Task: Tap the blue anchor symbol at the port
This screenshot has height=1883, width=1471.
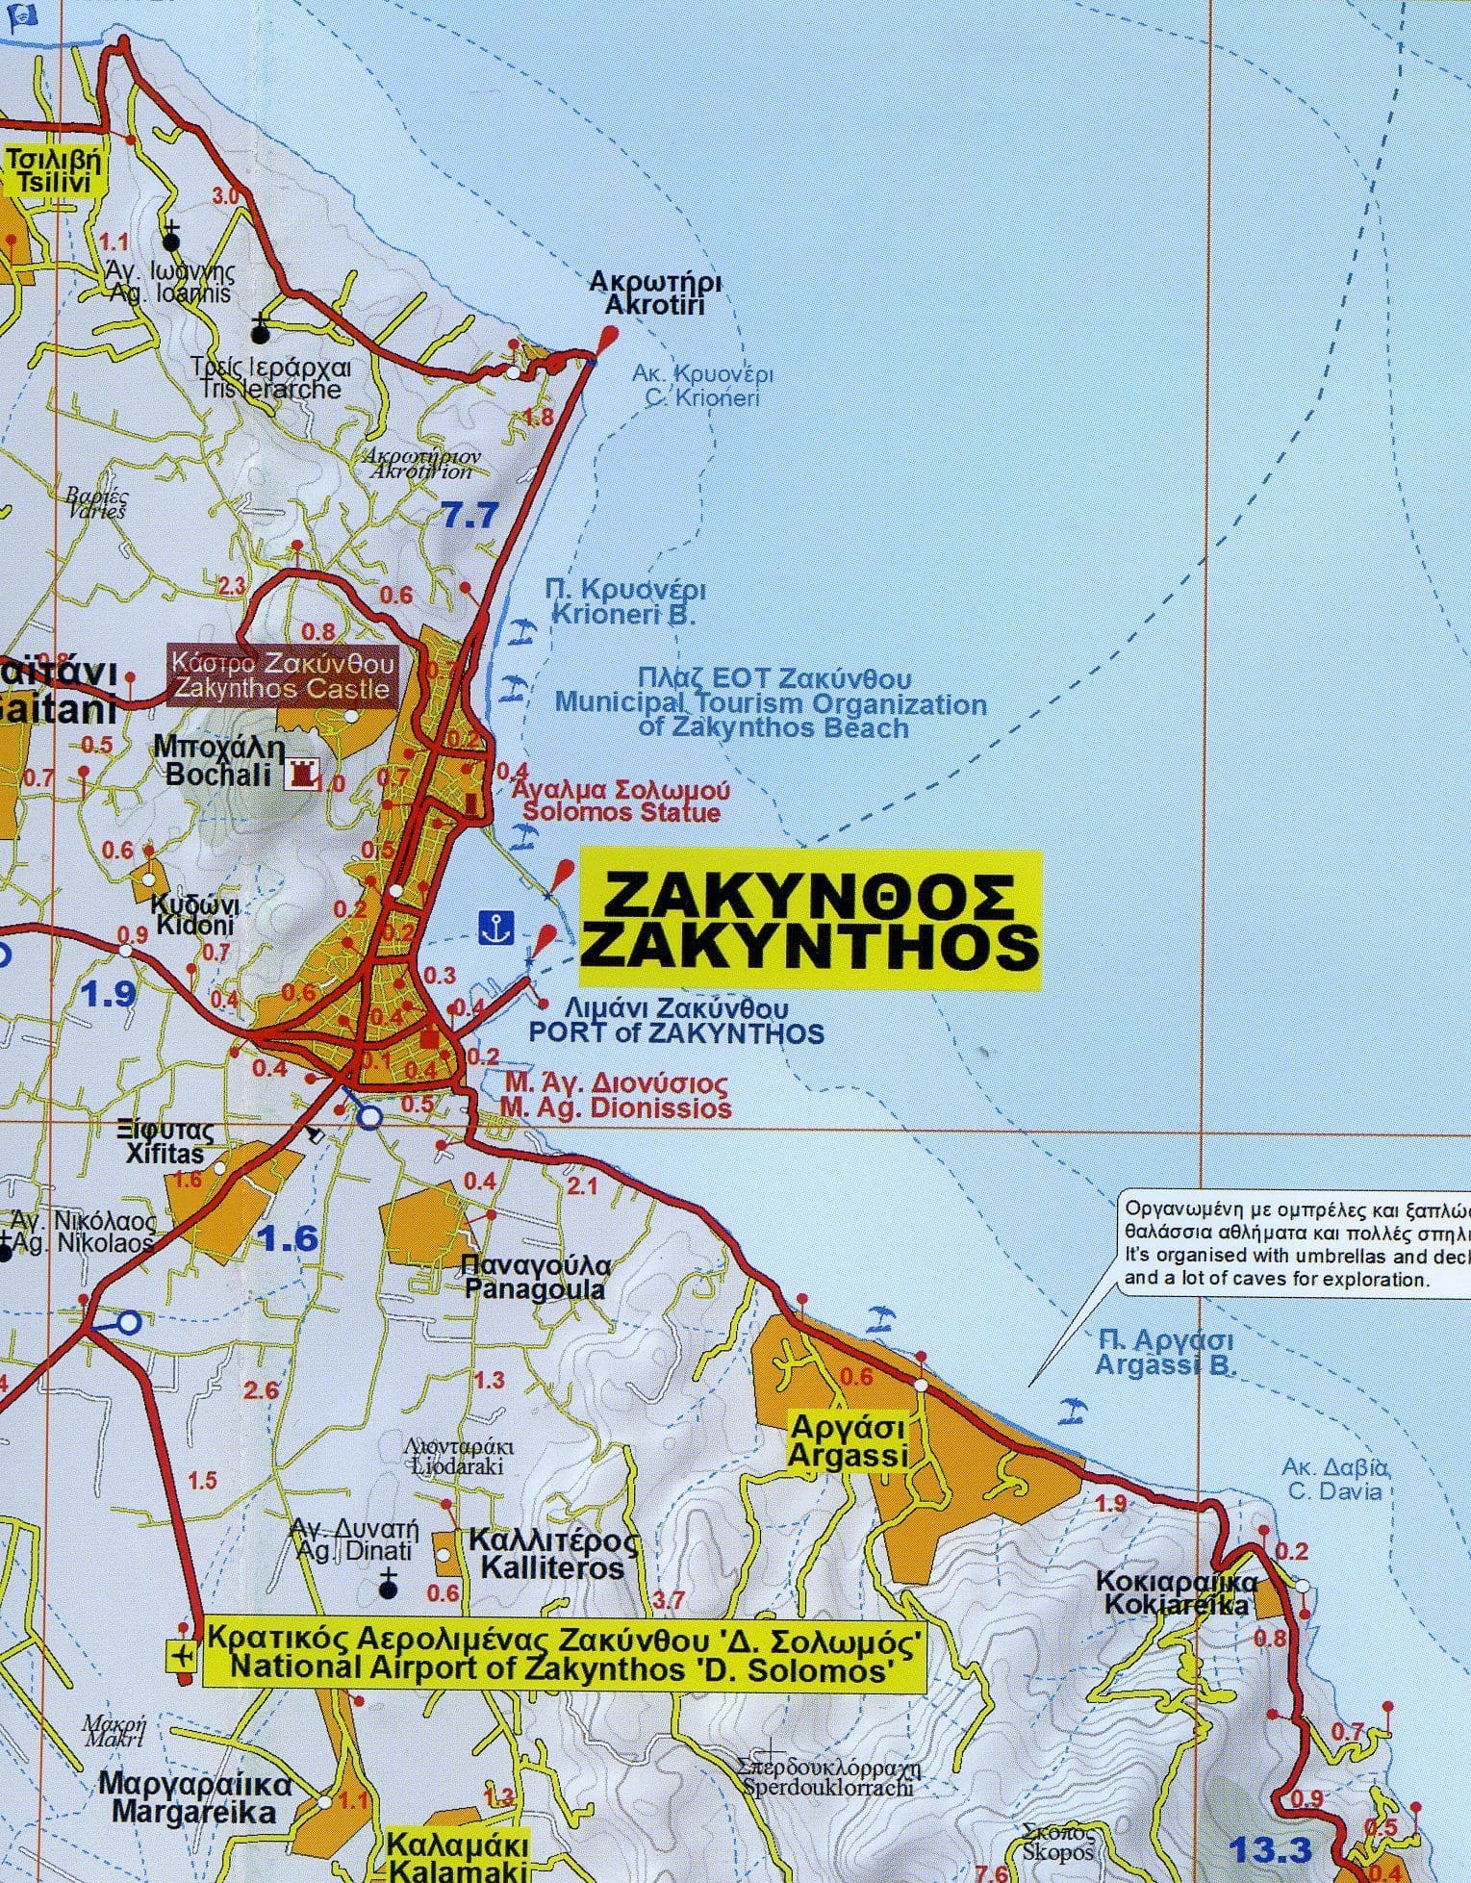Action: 496,928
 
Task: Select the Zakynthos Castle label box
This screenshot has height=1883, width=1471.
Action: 282,675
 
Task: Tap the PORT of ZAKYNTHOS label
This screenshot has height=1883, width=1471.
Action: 676,1032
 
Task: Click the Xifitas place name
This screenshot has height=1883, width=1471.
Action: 171,1142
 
